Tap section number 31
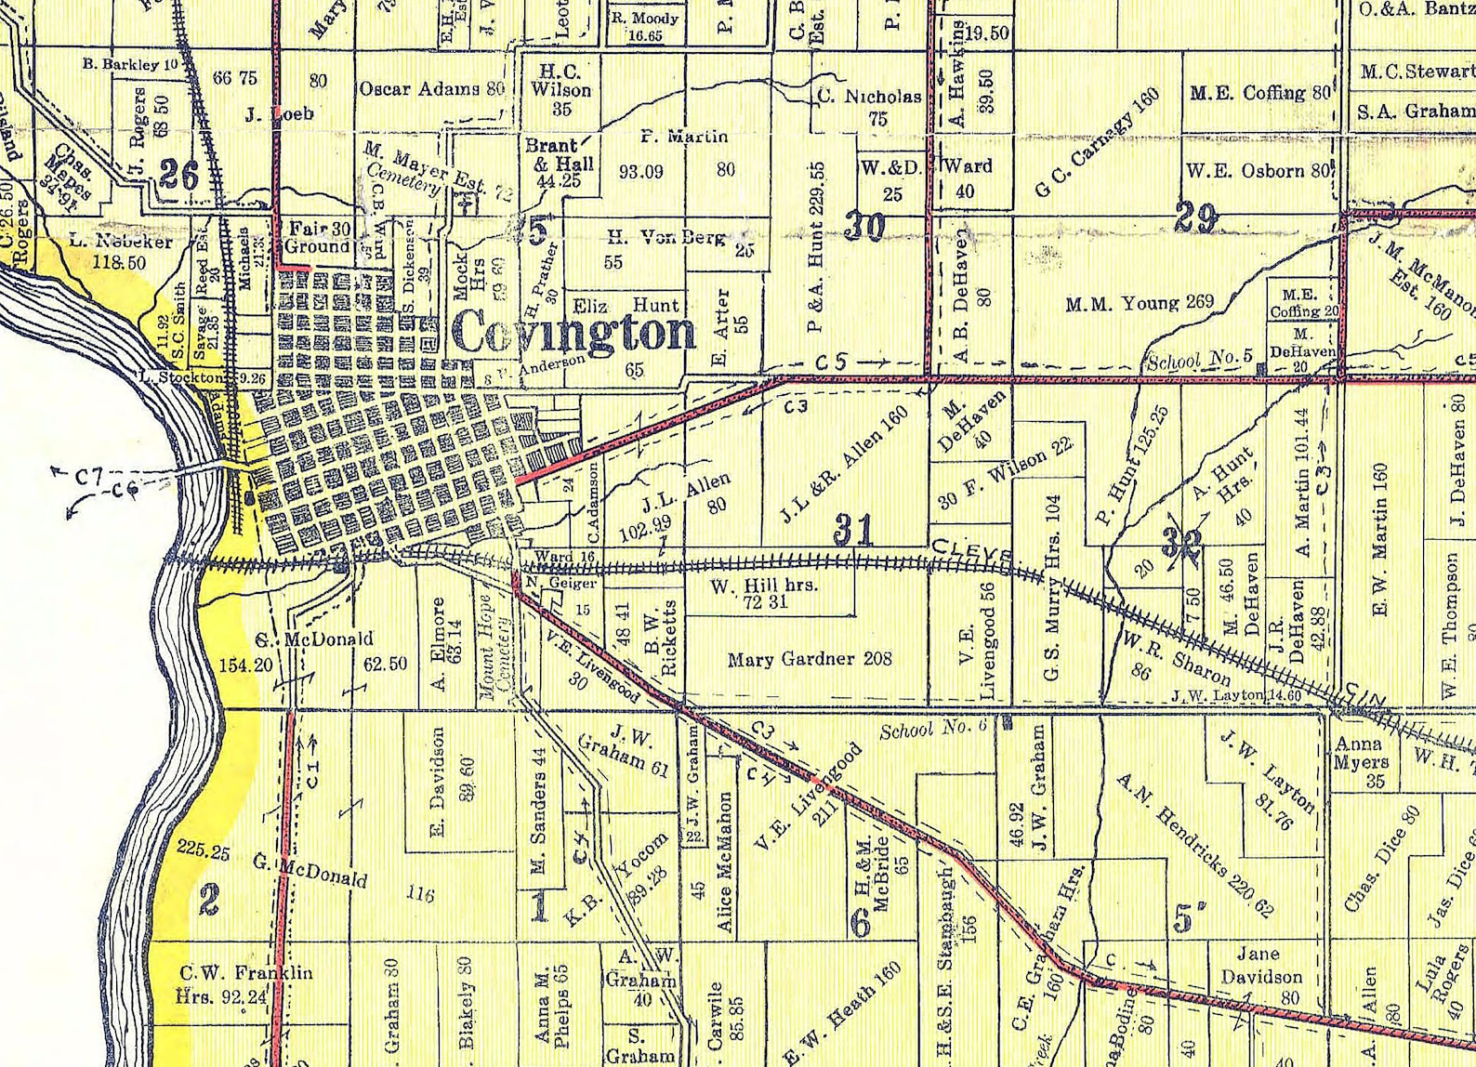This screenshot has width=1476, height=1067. [852, 531]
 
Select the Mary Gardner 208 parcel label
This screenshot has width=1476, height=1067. [810, 659]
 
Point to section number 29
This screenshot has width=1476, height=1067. [1196, 218]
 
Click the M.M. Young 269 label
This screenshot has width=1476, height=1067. [1140, 303]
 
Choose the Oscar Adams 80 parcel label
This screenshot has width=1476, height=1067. [432, 89]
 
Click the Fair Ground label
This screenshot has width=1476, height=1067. [318, 237]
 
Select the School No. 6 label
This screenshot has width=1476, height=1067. [932, 728]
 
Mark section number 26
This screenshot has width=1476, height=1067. [178, 174]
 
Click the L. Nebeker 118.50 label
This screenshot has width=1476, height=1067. [121, 251]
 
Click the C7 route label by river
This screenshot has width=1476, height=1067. [89, 477]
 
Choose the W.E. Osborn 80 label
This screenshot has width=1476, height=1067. [1259, 171]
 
